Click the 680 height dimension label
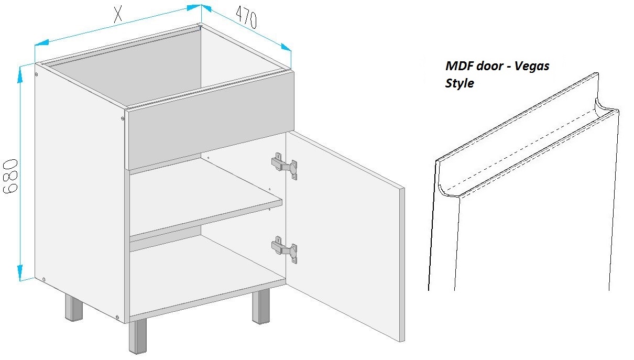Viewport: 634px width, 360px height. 10,176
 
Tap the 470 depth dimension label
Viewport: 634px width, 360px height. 246,17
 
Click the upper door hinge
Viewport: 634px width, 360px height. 285,166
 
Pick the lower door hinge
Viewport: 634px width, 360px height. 285,249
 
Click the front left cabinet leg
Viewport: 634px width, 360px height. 138,336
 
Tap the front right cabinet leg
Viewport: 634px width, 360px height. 261,307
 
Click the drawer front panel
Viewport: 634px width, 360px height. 210,120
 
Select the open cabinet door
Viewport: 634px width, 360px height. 345,236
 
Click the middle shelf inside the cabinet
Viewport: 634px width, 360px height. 205,197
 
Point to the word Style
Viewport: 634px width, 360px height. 460,83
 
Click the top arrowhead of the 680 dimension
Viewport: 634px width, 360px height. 20,75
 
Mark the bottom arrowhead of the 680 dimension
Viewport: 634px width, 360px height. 20,272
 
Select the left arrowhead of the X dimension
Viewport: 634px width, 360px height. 42,43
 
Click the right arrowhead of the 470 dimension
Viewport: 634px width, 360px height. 286,47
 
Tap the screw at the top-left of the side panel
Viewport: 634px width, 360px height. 37,74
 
